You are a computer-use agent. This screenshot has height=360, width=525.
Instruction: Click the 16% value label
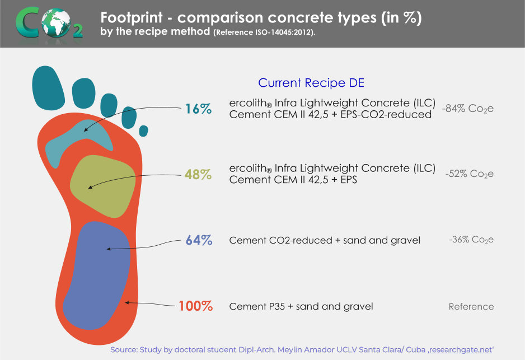coord(198,109)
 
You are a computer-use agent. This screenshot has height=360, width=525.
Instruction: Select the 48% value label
coord(198,175)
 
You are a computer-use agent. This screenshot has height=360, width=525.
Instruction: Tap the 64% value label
coord(199,240)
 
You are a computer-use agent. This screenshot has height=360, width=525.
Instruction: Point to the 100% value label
coord(195,306)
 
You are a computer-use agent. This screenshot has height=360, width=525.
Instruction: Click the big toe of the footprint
coord(48,88)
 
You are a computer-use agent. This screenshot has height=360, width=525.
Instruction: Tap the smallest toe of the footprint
coord(144,131)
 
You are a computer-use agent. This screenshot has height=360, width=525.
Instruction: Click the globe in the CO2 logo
coord(56,22)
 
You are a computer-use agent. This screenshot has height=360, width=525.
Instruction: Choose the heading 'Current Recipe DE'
coord(311,83)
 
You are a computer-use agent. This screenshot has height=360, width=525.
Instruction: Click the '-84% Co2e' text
coord(468,109)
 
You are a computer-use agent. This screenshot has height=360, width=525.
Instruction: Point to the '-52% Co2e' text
coord(470,174)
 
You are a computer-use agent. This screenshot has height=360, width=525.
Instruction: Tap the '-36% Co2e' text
coord(471,240)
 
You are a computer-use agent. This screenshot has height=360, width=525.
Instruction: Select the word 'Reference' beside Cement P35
coord(471,306)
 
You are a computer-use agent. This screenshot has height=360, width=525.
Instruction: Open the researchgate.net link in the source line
coord(461,350)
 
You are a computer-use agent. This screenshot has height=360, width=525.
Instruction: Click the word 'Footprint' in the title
coord(132,17)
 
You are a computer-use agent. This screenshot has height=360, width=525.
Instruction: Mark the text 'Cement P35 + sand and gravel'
coord(301,306)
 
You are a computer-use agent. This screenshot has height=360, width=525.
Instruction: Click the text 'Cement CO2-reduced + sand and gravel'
coord(325,240)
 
